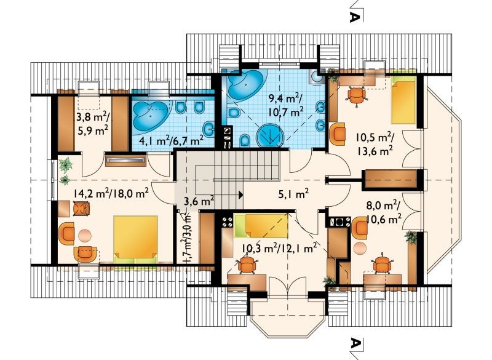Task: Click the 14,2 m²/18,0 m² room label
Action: tap(111, 194)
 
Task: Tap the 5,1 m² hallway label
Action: tap(293, 194)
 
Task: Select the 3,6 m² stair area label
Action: tap(199, 200)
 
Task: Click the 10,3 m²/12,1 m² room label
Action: tap(279, 248)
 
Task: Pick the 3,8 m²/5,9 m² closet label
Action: tap(93, 123)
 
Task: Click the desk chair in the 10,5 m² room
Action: tap(357, 95)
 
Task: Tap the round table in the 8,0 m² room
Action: tap(360, 248)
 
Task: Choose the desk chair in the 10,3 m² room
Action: tap(247, 264)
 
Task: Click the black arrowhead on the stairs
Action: tap(240, 194)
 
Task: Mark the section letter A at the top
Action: tap(354, 17)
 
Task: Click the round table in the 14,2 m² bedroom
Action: tap(85, 236)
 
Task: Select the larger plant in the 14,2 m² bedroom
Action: tap(66, 166)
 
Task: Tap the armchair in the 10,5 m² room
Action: tap(337, 132)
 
